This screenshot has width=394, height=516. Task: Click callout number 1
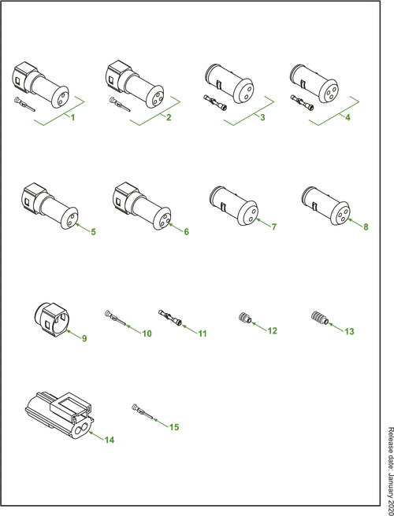(72, 117)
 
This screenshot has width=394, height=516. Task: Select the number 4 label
(348, 117)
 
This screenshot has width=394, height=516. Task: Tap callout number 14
(110, 440)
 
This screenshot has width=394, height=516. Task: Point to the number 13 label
(349, 331)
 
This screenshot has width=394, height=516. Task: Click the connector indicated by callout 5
(50, 206)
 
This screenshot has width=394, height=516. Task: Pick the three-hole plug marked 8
(142, 205)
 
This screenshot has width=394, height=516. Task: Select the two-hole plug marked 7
(233, 205)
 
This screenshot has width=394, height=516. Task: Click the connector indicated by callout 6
(325, 206)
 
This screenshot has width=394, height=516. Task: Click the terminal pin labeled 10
(115, 319)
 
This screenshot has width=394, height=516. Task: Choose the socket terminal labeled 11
(169, 318)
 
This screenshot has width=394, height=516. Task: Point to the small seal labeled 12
(245, 319)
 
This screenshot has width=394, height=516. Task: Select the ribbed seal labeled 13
(319, 318)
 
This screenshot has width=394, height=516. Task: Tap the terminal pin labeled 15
(143, 411)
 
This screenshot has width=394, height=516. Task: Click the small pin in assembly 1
(24, 105)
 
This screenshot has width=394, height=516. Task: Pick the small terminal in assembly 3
(215, 103)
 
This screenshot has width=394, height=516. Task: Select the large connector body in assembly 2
(135, 84)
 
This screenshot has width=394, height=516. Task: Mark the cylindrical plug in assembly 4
(314, 83)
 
